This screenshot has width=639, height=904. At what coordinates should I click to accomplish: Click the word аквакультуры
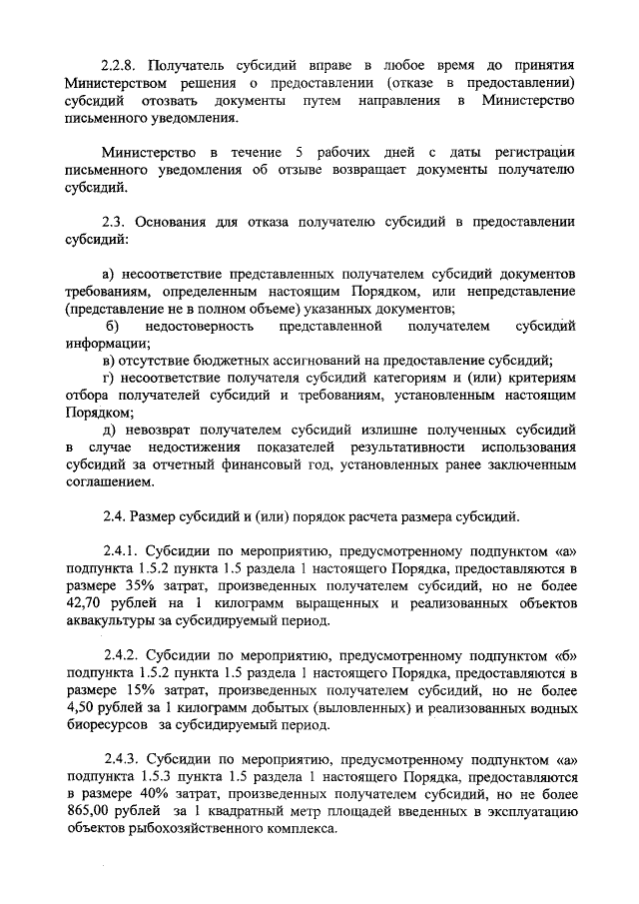click(x=114, y=621)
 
